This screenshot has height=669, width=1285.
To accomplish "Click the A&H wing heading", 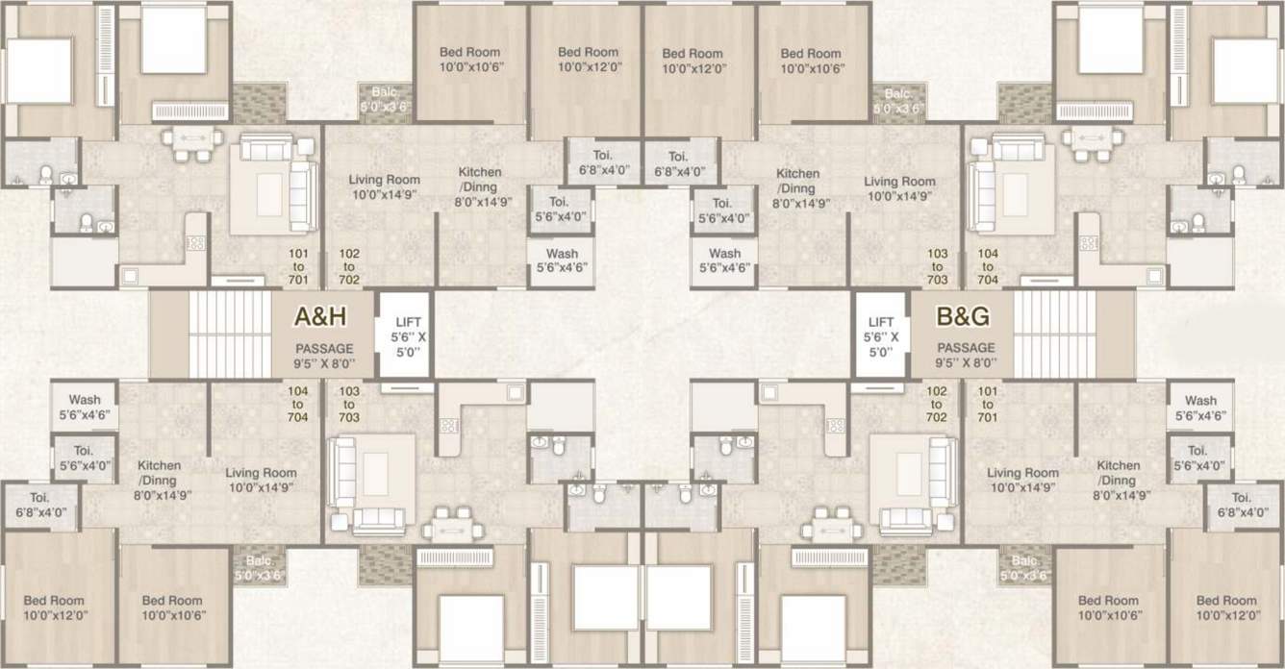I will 321,316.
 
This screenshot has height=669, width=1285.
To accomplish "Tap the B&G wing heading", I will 963,316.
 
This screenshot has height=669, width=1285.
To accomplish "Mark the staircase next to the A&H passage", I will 230,334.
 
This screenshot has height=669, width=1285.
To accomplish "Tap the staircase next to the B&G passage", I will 1055,334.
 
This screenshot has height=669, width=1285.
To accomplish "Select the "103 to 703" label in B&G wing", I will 937,266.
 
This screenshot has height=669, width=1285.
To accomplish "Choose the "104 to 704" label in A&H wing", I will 297,405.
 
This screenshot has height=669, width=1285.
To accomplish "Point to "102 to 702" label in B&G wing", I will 937,405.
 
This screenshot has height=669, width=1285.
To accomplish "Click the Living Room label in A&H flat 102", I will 384,186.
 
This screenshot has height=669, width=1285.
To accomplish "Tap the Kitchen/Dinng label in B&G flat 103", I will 798,187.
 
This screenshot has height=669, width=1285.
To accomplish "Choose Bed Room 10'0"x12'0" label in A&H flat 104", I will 54,607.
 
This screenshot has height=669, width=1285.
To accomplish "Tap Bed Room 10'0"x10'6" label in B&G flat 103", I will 811,61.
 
